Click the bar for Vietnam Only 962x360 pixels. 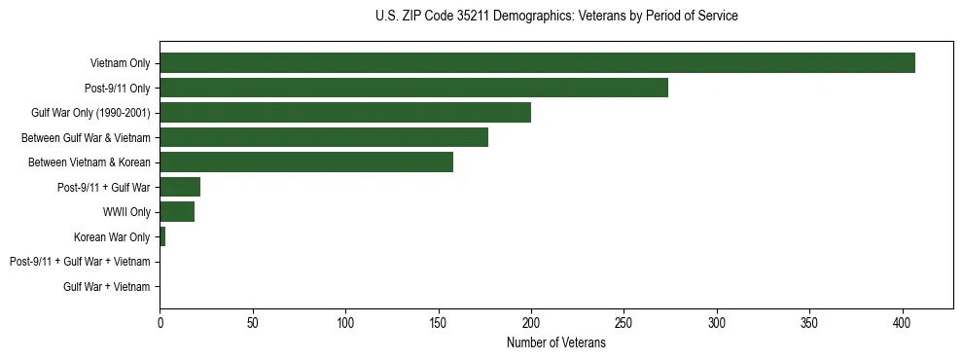(537, 63)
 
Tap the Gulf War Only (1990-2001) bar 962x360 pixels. (345, 113)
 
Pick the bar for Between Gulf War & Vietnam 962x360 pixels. (324, 137)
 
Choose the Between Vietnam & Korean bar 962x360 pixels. (306, 162)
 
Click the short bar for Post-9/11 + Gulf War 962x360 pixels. (180, 187)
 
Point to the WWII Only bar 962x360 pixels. (177, 212)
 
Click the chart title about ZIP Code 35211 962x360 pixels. (555, 17)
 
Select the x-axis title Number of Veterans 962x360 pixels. (555, 343)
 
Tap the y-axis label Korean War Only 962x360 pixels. (112, 237)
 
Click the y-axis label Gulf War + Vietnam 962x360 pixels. (107, 287)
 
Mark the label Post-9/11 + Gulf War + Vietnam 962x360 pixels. (80, 262)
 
